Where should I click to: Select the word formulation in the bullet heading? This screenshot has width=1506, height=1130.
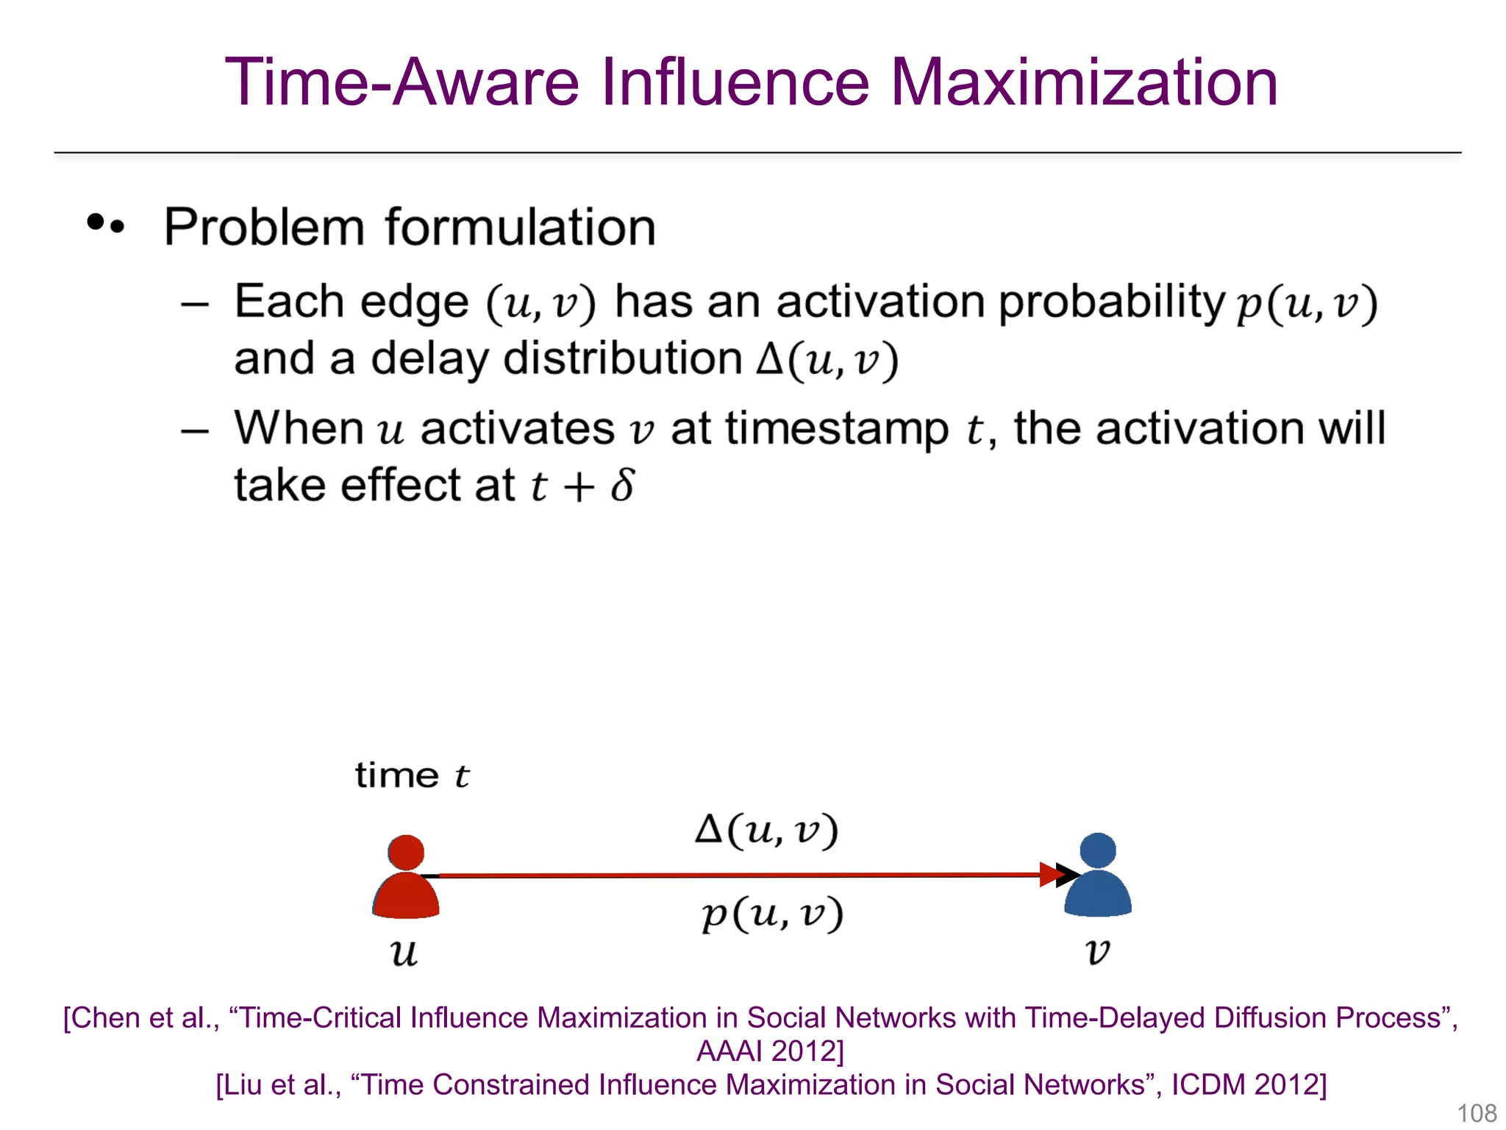520,227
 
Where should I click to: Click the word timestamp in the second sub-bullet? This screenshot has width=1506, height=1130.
837,430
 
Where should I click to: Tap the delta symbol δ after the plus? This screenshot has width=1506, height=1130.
622,486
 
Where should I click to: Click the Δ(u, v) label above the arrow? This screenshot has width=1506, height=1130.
766,831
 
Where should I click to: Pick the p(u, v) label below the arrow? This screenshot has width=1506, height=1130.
772,914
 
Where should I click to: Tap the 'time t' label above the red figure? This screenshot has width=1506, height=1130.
412,775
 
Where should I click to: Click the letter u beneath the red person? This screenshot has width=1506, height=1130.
404,954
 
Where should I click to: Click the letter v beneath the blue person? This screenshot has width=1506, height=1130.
1097,952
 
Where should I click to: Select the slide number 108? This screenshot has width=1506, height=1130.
1477,1113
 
